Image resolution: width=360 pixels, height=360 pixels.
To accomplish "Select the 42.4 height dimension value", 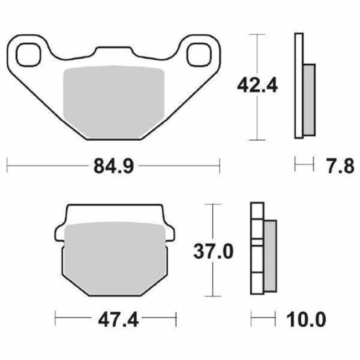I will click(x=257, y=85).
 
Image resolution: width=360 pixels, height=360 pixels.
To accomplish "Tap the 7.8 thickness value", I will click(x=337, y=165).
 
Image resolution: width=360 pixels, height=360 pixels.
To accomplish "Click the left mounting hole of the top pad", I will click(x=28, y=54).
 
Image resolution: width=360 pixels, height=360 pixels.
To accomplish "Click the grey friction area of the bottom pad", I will click(x=115, y=256).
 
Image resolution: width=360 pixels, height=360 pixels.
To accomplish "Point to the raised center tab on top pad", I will click(x=115, y=52).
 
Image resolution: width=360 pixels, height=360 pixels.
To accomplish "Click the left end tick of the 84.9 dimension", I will click(x=8, y=165).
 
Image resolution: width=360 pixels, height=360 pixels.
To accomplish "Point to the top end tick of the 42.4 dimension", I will click(x=257, y=35).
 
